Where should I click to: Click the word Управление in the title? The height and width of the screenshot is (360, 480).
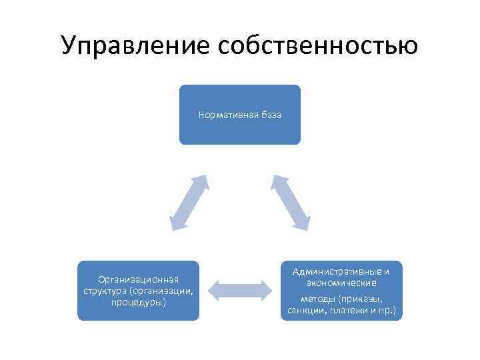(x=133, y=45)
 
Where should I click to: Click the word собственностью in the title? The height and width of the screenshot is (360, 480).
(x=315, y=45)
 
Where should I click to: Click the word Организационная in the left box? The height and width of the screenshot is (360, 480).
(x=138, y=280)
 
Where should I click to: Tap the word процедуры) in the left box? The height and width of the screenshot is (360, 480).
(x=138, y=302)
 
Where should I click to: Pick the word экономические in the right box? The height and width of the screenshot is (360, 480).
(x=341, y=283)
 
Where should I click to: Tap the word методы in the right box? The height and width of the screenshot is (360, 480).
(x=317, y=299)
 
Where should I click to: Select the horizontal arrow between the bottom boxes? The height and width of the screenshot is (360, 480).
(x=240, y=289)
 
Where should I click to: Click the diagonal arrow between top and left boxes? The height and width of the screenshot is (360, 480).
(x=189, y=203)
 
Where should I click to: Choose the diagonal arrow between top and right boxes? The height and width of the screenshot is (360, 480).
(x=291, y=203)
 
